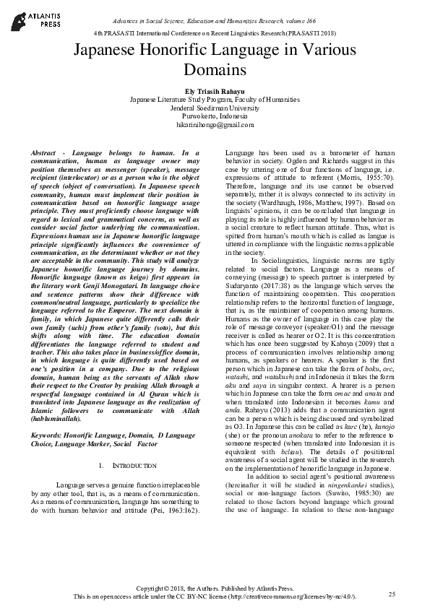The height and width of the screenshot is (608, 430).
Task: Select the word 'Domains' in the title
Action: click(215, 70)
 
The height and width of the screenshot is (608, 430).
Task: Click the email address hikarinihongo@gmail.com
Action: click(215, 124)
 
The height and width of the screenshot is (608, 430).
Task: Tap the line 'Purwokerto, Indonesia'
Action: click(215, 116)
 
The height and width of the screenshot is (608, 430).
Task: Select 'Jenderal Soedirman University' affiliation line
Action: click(215, 107)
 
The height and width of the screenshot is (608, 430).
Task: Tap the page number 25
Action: click(392, 594)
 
